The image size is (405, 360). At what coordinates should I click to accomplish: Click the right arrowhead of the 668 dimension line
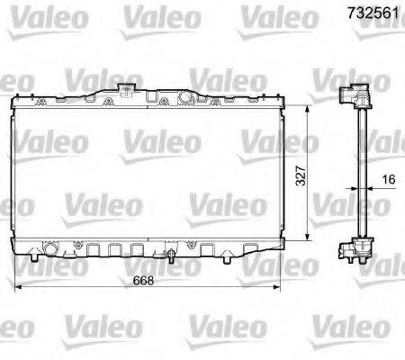coord(279,287)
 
